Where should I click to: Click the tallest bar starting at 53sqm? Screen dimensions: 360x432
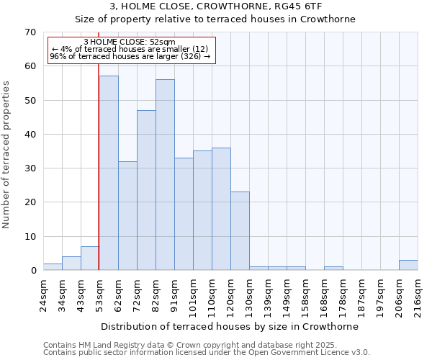pos(109,173)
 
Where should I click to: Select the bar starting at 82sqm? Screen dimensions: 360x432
pos(165,175)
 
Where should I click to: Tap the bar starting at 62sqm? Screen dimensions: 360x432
pos(127,216)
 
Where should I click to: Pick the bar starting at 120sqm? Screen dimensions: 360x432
pos(240,231)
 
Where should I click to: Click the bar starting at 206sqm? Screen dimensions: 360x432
pos(408,265)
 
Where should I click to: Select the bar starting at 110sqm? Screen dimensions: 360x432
pos(221,209)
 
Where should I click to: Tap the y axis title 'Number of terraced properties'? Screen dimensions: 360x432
pos(7,155)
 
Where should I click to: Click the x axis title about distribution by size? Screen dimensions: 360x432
pos(230,326)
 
